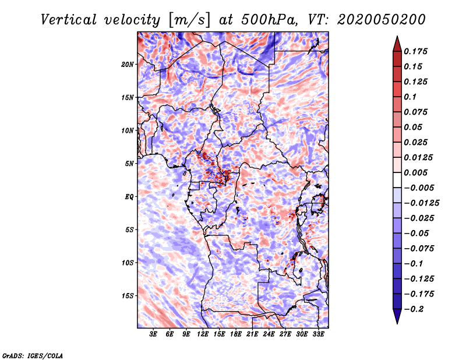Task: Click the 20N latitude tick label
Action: pos(128,64)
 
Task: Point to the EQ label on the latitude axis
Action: pos(129,196)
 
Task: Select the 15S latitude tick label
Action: pos(128,295)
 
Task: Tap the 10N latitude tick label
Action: pos(128,130)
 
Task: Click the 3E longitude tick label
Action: pos(154,335)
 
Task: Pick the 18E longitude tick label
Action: pos(236,335)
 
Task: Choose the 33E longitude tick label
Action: pos(318,335)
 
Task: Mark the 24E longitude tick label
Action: pos(269,335)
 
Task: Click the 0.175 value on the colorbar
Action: pos(417,51)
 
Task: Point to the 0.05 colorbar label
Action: pos(414,127)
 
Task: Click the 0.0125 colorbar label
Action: pos(419,157)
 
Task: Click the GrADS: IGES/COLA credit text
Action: pos(33,355)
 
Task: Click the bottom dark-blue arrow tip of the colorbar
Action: pos(397,322)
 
